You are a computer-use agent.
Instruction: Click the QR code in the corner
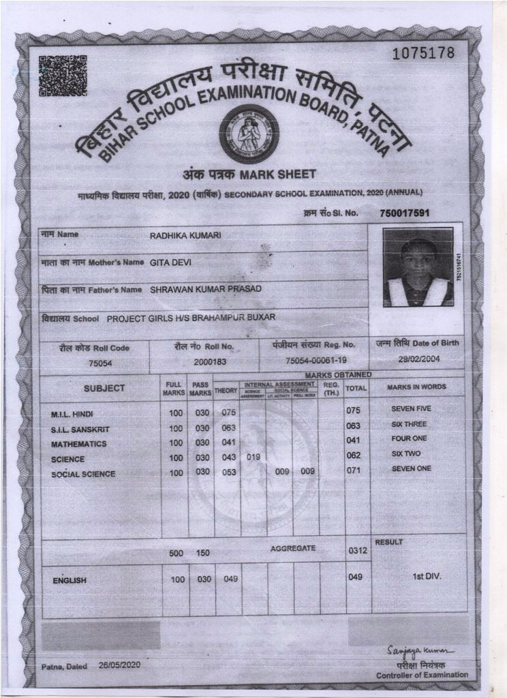63,76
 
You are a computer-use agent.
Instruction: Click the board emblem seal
249,134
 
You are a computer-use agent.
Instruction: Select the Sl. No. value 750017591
405,213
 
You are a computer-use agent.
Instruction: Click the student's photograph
418,267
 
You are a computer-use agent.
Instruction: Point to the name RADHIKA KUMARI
185,236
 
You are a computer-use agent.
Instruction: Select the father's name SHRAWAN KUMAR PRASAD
206,289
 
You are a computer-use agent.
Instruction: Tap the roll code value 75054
100,363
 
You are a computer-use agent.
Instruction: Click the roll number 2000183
210,362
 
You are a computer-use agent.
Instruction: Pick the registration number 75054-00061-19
316,361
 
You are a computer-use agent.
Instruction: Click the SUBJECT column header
104,389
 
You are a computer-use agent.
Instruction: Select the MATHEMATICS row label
79,444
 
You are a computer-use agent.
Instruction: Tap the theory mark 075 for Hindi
228,412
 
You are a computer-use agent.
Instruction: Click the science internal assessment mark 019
253,457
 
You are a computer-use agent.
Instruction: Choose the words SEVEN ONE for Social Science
411,469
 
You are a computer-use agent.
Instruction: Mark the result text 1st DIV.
427,577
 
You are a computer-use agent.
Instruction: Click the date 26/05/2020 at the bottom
119,665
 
